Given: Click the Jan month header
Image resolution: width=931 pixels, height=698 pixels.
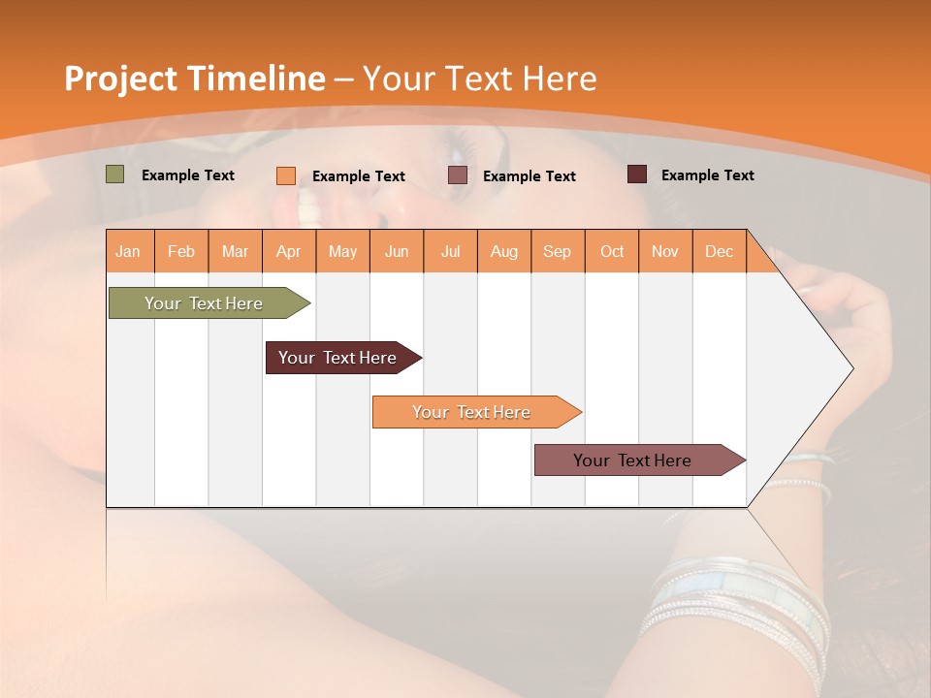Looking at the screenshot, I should [129, 251].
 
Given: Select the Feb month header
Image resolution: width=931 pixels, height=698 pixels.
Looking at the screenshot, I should [181, 251].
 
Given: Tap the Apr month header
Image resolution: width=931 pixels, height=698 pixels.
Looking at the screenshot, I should [289, 251].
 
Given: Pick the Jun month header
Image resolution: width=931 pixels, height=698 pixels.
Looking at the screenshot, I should [397, 251].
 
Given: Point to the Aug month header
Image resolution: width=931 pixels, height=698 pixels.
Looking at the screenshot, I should [504, 251].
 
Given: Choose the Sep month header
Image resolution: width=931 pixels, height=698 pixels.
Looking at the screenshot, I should [558, 251].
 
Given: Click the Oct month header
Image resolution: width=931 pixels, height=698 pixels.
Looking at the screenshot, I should [612, 251].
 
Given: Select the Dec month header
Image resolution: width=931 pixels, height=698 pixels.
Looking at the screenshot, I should [720, 251].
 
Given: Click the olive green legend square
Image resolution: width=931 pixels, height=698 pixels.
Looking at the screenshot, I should [115, 174].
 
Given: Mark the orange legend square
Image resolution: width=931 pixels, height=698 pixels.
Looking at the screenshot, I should [286, 175].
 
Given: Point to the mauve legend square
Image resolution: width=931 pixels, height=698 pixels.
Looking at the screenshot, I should [458, 174].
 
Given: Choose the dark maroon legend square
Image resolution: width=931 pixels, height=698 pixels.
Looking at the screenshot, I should [637, 174].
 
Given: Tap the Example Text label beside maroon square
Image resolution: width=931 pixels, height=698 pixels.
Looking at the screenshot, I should [707, 175].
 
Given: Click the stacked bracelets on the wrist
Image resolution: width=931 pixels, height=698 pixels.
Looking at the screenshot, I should [737, 601].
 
